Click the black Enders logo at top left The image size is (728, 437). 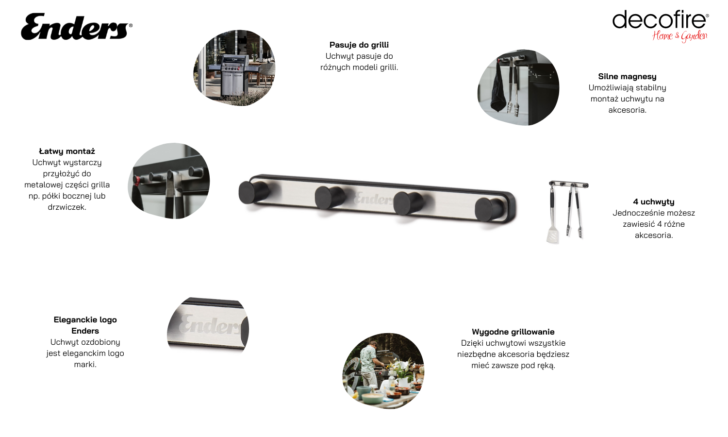76,27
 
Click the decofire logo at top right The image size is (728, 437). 661,26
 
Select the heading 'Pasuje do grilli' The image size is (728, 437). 359,45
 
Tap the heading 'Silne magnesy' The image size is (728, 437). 627,77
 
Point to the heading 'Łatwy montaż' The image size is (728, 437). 67,151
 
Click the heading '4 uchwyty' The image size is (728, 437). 654,202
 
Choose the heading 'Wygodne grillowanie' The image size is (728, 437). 513,332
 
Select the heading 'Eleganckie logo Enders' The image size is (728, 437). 85,325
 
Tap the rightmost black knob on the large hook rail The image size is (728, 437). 490,209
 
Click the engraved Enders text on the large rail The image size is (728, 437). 373,198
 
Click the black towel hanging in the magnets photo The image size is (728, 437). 498,88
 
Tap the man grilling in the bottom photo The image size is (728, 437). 370,364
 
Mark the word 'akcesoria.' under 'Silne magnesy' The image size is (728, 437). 627,110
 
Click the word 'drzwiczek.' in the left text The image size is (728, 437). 67,207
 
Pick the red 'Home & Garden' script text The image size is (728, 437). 679,36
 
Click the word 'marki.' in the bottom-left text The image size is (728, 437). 85,365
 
